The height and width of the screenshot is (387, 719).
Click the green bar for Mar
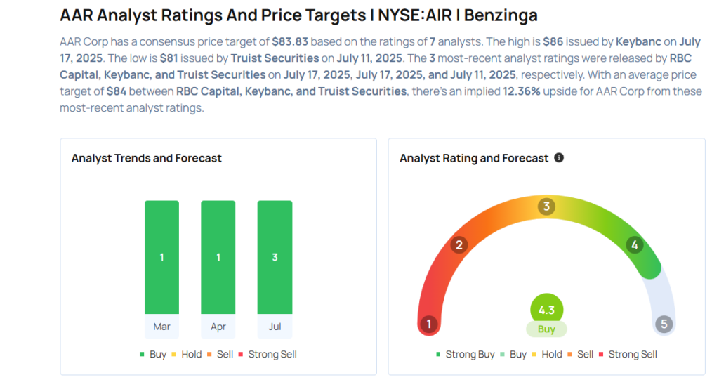(x=161, y=257)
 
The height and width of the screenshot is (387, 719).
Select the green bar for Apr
(x=218, y=257)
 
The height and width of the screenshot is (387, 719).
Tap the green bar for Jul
(x=275, y=257)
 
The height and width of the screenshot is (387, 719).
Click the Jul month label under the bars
(x=275, y=327)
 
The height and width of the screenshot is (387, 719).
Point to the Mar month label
(x=161, y=327)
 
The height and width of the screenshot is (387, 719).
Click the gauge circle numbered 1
(x=428, y=324)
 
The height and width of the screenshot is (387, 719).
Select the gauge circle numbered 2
(x=459, y=245)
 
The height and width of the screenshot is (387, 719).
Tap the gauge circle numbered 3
(x=546, y=206)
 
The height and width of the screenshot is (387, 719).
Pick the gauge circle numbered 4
(x=634, y=245)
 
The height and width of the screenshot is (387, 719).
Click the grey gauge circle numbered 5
(x=664, y=324)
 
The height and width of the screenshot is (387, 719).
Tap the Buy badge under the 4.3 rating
(x=546, y=329)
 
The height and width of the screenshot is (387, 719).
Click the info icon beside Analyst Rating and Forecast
(x=559, y=158)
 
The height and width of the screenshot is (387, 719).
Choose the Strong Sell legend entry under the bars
(x=268, y=355)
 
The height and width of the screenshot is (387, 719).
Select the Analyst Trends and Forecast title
(x=147, y=158)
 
